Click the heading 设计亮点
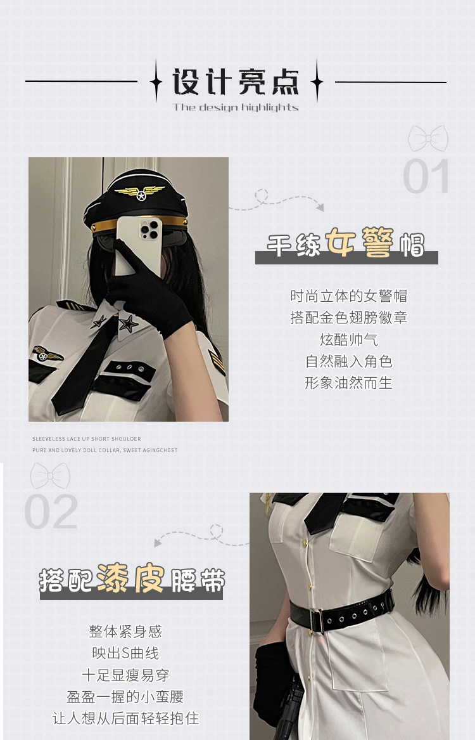[x=236, y=82]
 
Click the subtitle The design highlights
[x=236, y=107]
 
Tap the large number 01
[x=427, y=176]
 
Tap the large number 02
[x=51, y=512]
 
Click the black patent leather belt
[x=342, y=612]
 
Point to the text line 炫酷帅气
[x=349, y=339]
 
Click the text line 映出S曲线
[x=125, y=653]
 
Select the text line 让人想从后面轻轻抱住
[x=125, y=718]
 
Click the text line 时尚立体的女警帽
[x=349, y=295]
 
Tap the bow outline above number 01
[x=428, y=138]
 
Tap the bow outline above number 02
[x=50, y=476]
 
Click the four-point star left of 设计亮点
[x=156, y=81]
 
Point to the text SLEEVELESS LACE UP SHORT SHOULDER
[x=87, y=439]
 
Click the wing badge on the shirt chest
[x=48, y=353]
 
